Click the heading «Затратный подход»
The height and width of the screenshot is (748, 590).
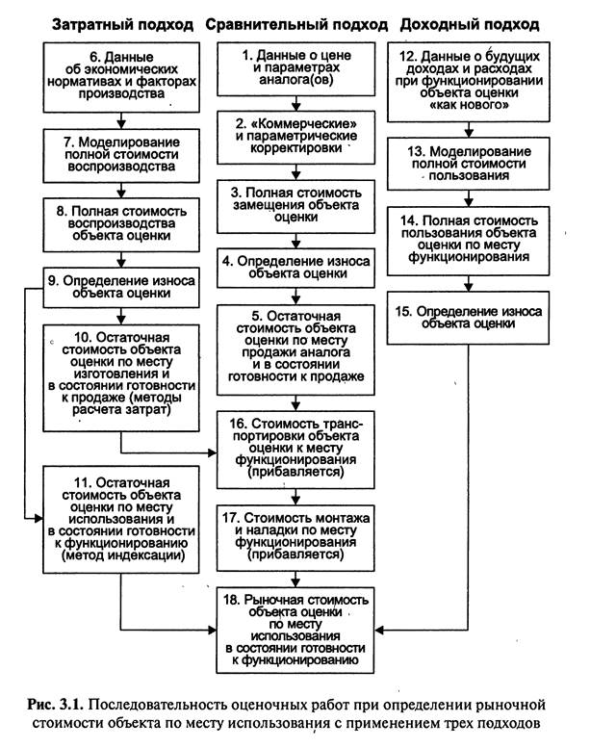pos(122,25)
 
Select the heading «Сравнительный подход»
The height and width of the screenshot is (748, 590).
pos(296,25)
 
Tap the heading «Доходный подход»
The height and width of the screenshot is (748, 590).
pos(470,25)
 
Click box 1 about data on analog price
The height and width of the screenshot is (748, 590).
pos(296,69)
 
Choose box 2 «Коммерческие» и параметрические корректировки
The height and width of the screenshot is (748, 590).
pos(296,138)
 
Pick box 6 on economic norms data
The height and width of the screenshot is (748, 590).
pos(121,77)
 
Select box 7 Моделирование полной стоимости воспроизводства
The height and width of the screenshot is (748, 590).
pos(121,156)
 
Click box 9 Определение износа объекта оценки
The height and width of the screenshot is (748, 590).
pos(121,287)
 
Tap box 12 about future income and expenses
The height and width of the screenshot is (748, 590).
pos(469,82)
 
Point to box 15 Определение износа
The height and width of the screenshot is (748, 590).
pos(468,318)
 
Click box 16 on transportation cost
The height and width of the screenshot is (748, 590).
pos(295,450)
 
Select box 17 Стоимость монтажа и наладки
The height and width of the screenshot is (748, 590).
pos(295,537)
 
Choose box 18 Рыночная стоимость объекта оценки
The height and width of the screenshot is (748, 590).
pos(295,631)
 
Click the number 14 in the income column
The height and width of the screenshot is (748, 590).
pos(409,221)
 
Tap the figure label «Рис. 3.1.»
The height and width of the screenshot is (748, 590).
pos(55,704)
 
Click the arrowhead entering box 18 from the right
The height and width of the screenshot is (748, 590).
pos(379,631)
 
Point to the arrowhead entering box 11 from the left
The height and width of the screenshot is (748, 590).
pos(38,518)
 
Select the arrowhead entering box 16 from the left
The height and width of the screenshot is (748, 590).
pos(213,452)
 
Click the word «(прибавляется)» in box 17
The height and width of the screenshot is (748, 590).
pos(295,555)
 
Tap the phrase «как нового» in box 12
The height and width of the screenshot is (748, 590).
pos(469,105)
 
